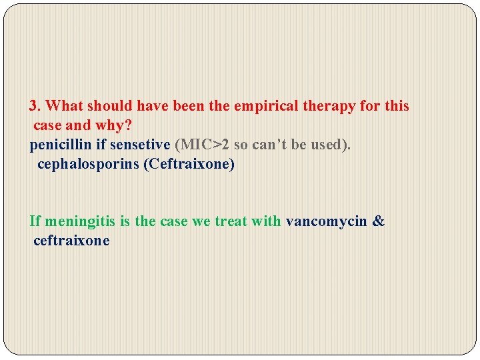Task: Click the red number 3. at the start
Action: pos(36,106)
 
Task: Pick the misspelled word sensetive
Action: pos(140,145)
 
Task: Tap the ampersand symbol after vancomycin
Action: pos(379,221)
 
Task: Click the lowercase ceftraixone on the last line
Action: pos(71,241)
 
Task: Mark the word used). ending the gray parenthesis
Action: pos(331,145)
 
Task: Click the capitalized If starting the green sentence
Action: pos(35,221)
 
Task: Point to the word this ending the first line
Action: pos(397,106)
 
